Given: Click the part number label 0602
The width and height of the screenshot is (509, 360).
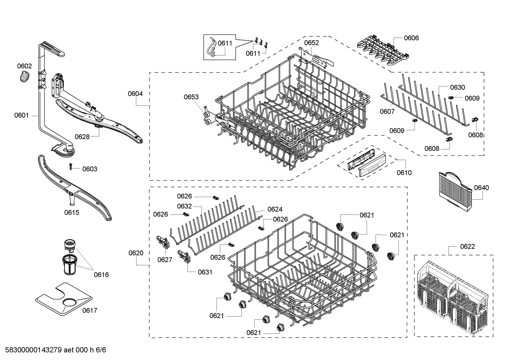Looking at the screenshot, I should tap(24, 66).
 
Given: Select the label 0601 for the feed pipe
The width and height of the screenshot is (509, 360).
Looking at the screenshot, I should tap(22, 116).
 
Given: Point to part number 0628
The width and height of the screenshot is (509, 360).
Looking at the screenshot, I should tap(82, 137).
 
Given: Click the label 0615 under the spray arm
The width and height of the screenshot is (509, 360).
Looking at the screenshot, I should tap(72, 213).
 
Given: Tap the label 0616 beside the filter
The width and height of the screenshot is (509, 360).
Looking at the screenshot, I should tap(101, 275).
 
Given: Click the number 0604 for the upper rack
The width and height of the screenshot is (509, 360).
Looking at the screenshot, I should tap(135, 94).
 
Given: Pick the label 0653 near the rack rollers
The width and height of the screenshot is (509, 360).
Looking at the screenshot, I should tap(191, 97).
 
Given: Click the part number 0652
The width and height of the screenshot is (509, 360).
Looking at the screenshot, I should tap(311, 43).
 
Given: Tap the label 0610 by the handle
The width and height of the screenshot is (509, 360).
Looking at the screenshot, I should tap(404, 173).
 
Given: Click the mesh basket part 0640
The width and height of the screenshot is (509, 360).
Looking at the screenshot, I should tap(455, 193).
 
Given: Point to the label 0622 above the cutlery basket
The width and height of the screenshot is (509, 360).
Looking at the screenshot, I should tap(467, 246).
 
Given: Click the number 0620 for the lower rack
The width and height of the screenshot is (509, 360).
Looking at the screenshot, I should tap(136, 253).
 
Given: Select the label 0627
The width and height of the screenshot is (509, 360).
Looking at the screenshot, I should tap(165, 260).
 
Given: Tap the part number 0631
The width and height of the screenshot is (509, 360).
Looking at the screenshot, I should tap(205, 272).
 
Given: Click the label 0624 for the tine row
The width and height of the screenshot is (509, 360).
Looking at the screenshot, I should tap(275, 209).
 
